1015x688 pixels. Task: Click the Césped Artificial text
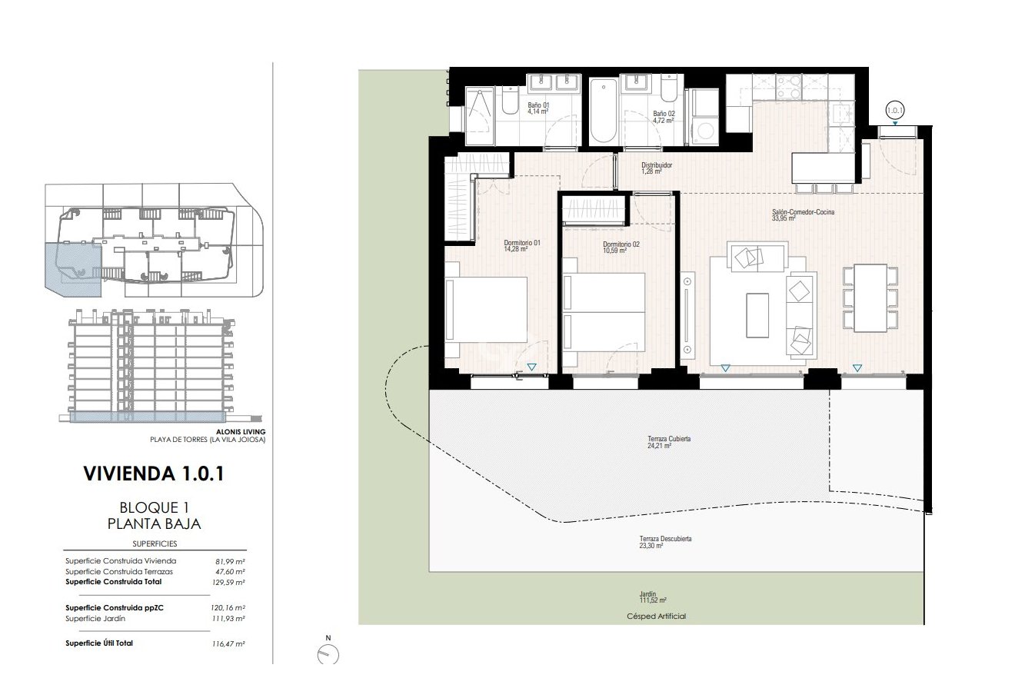pos(656,616)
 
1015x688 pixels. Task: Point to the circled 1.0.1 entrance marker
pos(894,110)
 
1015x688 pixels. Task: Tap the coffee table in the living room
pos(757,314)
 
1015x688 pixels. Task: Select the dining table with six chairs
pos(870,297)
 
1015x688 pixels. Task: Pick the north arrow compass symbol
pos(328,653)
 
